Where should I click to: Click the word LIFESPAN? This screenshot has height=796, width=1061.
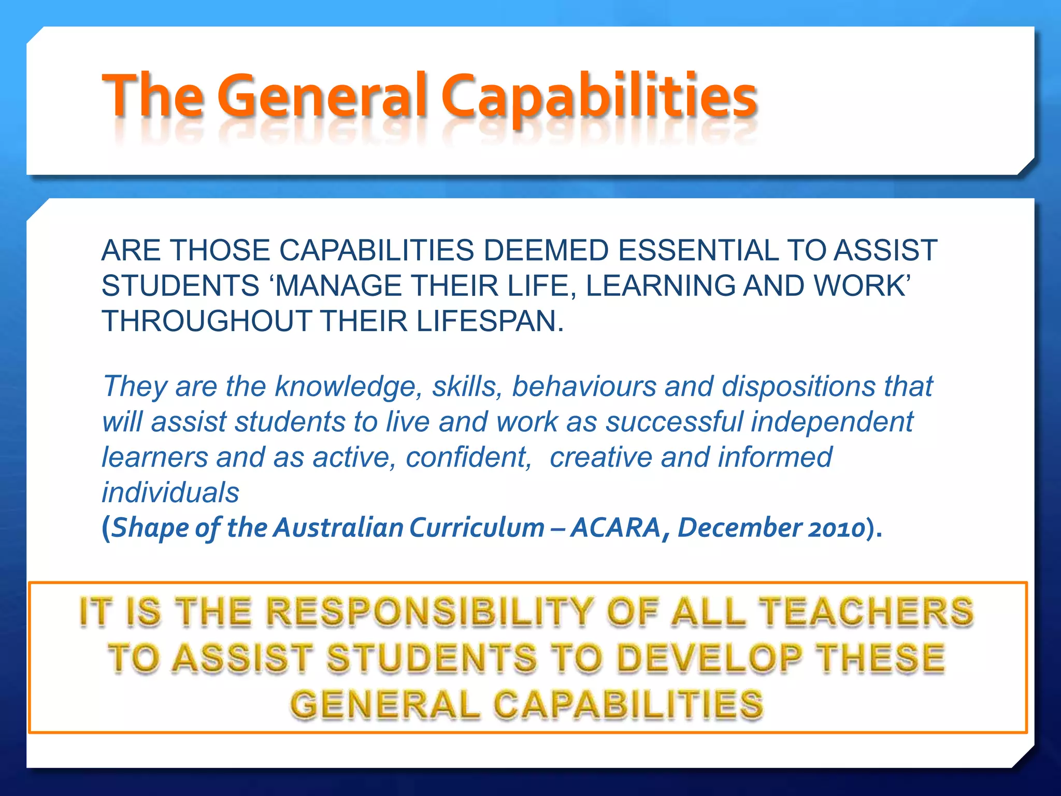pyautogui.click(x=490, y=321)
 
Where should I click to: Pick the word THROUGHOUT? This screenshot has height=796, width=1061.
pyautogui.click(x=207, y=321)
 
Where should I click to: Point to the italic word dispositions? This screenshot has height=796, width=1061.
pyautogui.click(x=798, y=387)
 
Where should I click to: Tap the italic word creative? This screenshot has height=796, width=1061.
pyautogui.click(x=600, y=457)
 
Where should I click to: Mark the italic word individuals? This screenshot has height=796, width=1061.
pyautogui.click(x=170, y=492)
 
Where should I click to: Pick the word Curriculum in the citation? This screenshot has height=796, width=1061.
pyautogui.click(x=477, y=528)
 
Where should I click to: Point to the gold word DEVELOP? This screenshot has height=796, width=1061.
pyautogui.click(x=710, y=658)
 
